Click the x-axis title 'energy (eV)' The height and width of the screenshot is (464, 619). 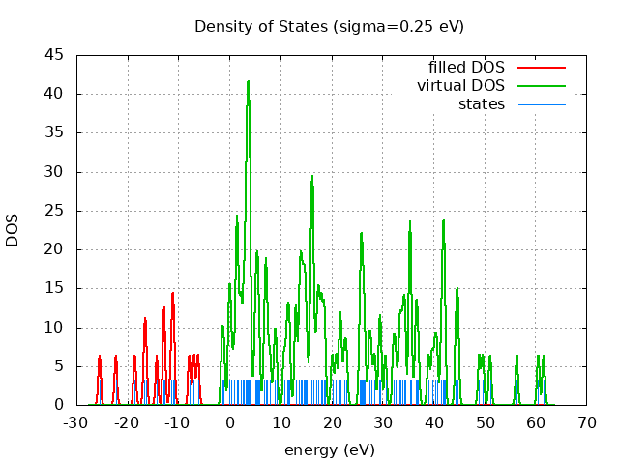click(329, 449)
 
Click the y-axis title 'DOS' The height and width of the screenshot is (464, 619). click(13, 230)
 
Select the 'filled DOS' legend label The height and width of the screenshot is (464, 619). click(466, 67)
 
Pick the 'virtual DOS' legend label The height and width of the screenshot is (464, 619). click(460, 85)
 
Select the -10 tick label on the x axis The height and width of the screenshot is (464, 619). click(177, 422)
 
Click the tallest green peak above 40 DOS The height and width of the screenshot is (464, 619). click(249, 82)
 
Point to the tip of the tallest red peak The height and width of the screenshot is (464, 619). click(173, 293)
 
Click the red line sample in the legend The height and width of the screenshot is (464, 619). click(541, 67)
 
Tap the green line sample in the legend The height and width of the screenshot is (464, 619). click(541, 85)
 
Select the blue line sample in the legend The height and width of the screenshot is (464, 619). click(541, 103)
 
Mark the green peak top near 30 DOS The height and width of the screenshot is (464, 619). click(311, 176)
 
